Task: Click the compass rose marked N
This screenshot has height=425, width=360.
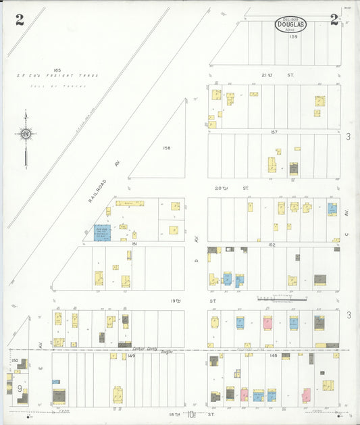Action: click(26, 134)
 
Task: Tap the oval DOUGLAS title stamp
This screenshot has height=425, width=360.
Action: click(290, 24)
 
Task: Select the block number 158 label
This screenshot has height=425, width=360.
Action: click(167, 147)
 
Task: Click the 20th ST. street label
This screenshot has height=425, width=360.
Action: click(241, 187)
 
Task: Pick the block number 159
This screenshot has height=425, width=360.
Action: click(293, 36)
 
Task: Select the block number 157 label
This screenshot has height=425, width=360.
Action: click(274, 132)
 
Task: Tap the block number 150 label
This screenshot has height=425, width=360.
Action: click(14, 360)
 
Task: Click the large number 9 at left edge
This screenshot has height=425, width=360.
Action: click(20, 389)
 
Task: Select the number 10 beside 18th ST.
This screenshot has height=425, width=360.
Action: click(191, 414)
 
